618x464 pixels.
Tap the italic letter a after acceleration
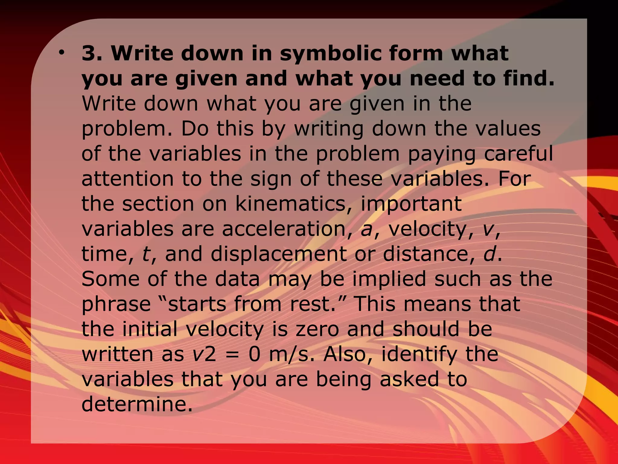366,229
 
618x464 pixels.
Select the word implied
389,279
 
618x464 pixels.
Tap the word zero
317,329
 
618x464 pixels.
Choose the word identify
419,354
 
